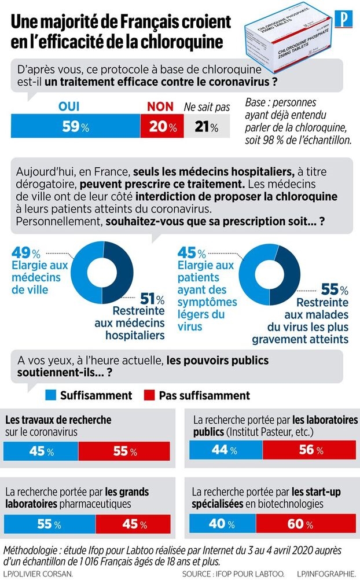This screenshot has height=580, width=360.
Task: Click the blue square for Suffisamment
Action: point(51,395)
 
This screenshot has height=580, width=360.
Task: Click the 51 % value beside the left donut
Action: point(152,299)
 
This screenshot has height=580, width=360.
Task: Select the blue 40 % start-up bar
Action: point(223,524)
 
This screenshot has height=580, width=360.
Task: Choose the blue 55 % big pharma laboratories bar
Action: point(49,524)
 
